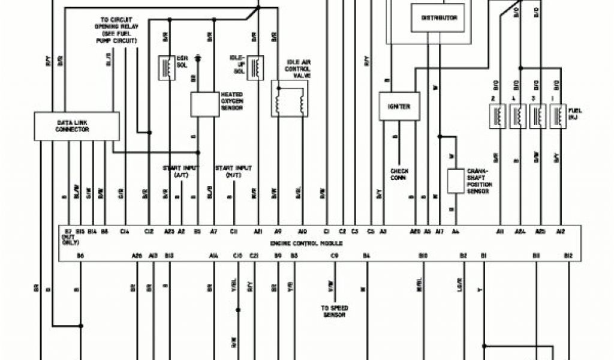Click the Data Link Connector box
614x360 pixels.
tap(73, 125)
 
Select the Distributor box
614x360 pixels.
tap(440, 18)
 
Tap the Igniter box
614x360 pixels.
tap(398, 107)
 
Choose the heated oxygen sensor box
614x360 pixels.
tap(205, 104)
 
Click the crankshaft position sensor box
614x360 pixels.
tap(456, 180)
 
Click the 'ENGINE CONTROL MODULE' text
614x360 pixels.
tap(306, 244)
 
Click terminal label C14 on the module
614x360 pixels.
tap(125, 231)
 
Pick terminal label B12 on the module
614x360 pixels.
tap(568, 256)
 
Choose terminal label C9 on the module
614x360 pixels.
tap(335, 256)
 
